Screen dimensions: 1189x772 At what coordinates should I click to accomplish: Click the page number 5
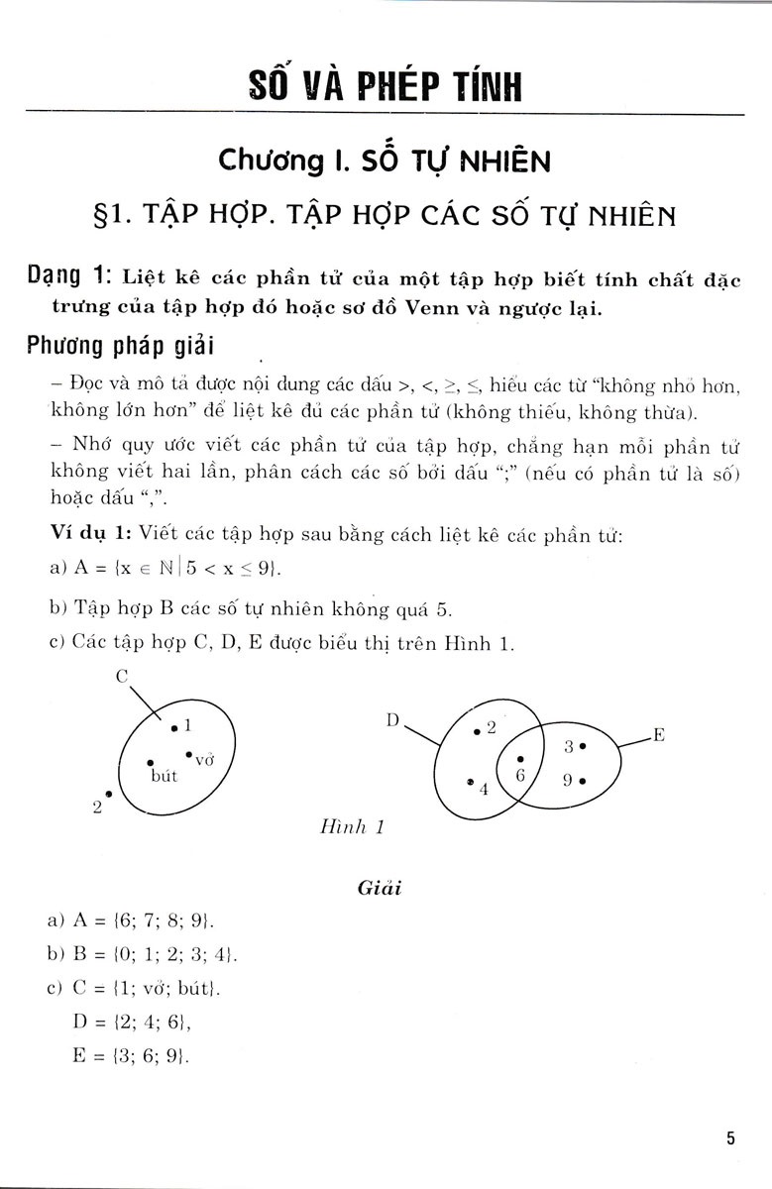729,1137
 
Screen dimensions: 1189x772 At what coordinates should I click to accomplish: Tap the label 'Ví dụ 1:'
90,535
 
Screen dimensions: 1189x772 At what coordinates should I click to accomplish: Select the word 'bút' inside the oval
164,776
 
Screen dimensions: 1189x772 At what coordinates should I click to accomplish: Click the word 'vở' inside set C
205,760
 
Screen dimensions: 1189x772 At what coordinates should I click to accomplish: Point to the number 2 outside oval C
97,807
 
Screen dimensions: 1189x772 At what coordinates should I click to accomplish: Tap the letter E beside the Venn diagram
657,734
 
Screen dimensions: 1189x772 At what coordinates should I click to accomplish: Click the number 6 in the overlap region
520,776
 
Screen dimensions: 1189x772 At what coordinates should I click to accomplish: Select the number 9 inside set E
568,780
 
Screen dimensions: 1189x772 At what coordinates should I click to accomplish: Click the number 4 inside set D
484,790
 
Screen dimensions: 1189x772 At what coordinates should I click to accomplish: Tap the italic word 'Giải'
378,888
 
